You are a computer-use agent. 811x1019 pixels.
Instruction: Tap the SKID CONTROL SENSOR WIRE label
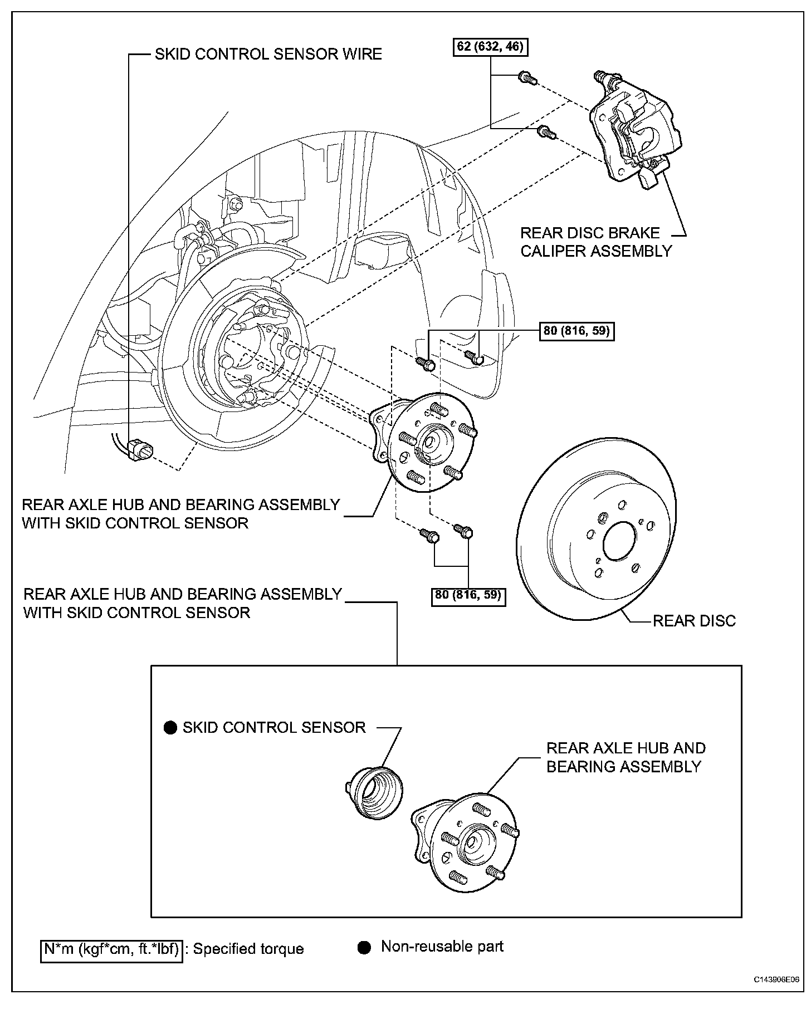pos(268,54)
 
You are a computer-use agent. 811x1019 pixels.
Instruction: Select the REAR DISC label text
pos(694,620)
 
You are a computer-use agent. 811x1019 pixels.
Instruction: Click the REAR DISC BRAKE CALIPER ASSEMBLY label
pos(596,242)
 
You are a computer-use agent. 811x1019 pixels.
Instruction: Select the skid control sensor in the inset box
pos(374,791)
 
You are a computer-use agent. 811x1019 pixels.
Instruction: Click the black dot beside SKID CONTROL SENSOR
pos(170,728)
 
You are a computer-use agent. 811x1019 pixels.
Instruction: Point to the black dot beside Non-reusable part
pos(364,948)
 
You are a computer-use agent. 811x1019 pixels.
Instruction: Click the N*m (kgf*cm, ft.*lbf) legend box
pos(112,949)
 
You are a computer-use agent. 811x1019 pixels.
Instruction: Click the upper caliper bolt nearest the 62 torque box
pos(526,78)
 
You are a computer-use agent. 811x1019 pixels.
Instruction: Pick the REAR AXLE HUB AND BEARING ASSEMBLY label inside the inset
pos(626,757)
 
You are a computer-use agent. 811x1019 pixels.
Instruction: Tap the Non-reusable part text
pos(442,947)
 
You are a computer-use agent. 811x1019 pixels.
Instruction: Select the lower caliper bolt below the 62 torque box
pos(545,133)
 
